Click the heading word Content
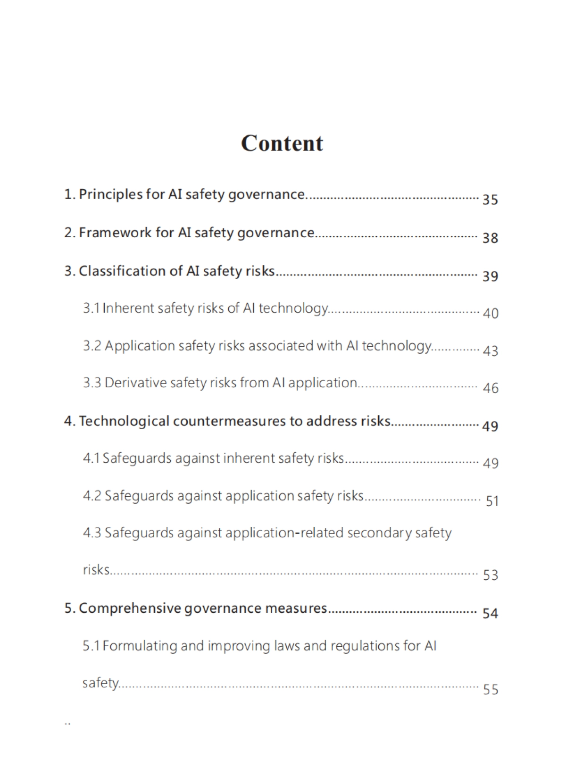click(282, 143)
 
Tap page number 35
click(490, 200)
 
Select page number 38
click(490, 238)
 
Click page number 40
click(491, 313)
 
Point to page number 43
click(491, 351)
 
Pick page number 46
click(491, 388)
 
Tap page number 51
click(492, 501)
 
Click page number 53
click(491, 575)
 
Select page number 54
click(490, 613)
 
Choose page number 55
click(491, 690)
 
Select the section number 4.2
click(92, 496)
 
